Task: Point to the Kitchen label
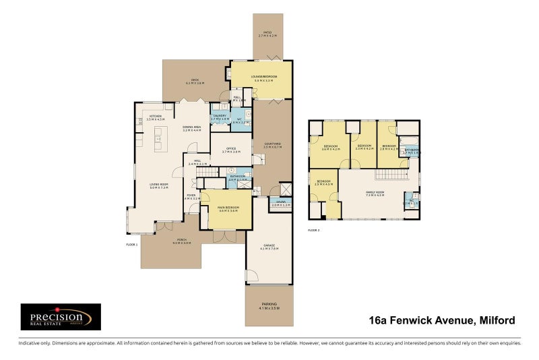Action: [156, 117]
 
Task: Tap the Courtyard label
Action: [272, 145]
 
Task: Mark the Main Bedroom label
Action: [226, 210]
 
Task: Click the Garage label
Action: [269, 247]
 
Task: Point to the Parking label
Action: [269, 306]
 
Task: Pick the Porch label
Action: [181, 241]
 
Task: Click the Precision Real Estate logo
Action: [61, 317]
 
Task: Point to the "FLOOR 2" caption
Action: [314, 231]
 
